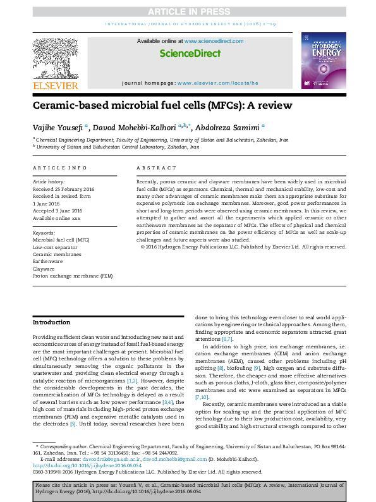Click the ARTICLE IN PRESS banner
[x=188, y=11]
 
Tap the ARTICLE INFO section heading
[x=60, y=168]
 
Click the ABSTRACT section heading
[x=156, y=168]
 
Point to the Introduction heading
[x=52, y=322]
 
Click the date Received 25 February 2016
[x=64, y=188]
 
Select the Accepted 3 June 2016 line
[x=58, y=211]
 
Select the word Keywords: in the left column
[x=44, y=233]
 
